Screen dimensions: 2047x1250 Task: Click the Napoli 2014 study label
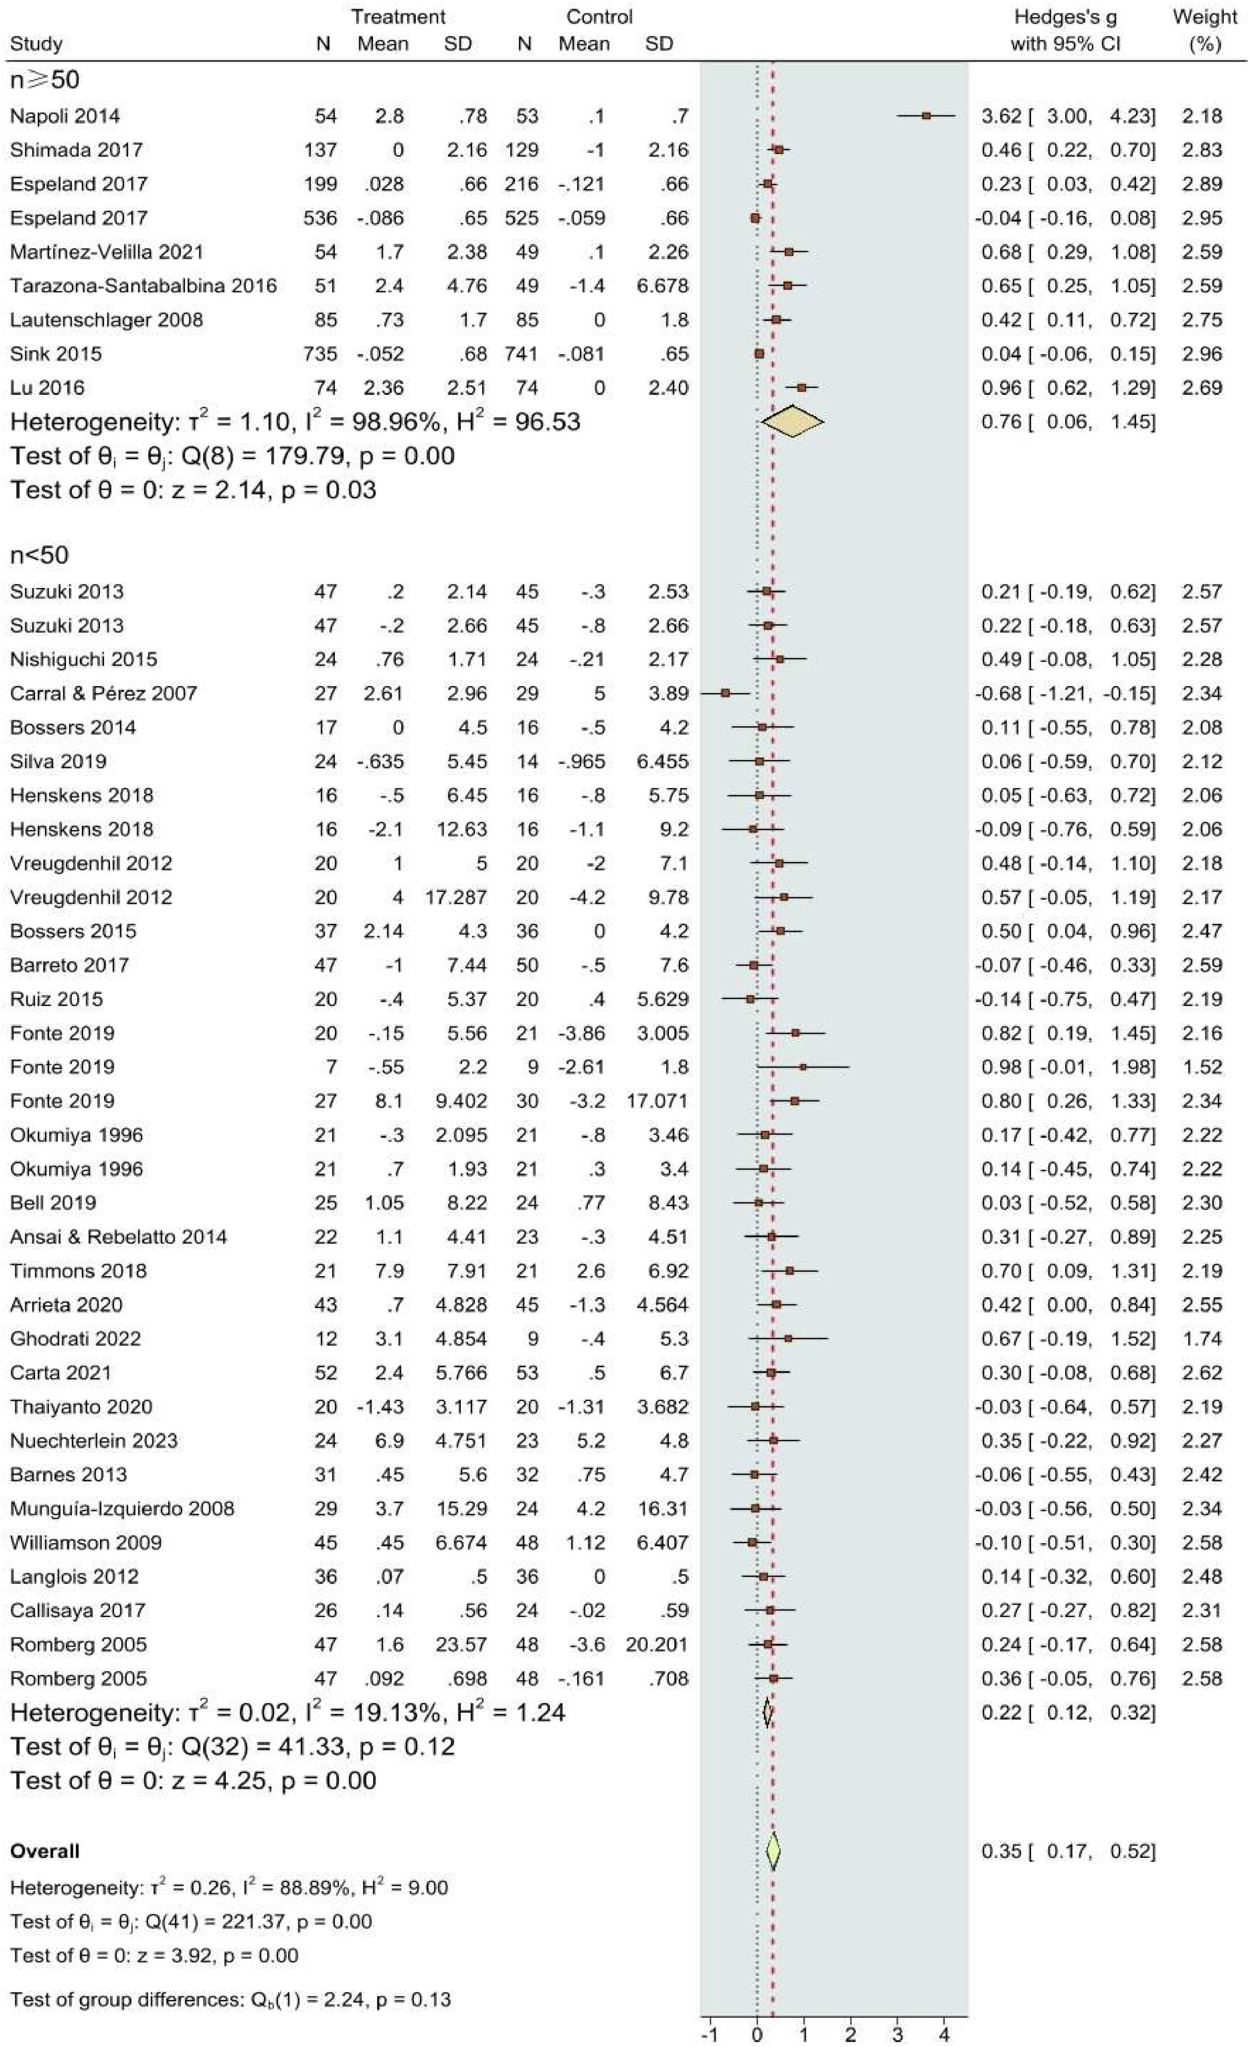tap(65, 115)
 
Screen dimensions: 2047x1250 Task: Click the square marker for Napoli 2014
tap(926, 115)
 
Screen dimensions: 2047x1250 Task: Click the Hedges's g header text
tap(1065, 17)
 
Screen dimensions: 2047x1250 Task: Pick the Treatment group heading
tap(398, 17)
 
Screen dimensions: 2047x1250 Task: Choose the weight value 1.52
tap(1202, 1067)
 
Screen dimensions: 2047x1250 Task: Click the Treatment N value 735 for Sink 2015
tap(321, 353)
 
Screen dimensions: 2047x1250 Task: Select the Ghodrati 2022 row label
tap(76, 1339)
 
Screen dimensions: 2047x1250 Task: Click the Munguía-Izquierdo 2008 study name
tap(122, 1508)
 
